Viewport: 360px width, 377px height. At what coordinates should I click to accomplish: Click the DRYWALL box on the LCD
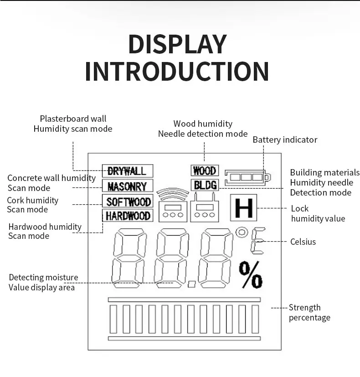[127, 171]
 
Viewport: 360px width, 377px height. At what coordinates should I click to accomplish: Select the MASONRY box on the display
[127, 186]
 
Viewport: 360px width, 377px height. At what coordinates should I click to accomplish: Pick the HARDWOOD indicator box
[128, 216]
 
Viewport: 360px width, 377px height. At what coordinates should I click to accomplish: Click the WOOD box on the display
[205, 171]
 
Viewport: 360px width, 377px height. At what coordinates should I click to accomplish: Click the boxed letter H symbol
[244, 208]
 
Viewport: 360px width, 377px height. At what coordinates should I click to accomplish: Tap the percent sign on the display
[251, 275]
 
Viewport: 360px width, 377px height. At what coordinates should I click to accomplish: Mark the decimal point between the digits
[192, 284]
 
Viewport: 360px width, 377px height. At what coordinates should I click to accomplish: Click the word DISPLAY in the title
[177, 44]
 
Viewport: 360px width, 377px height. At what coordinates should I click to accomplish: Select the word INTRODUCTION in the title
[177, 72]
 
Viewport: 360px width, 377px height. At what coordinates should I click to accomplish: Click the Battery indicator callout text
[285, 140]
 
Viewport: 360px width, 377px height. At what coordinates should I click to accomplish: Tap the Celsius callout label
[303, 242]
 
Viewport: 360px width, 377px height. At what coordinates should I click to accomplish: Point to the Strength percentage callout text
[309, 313]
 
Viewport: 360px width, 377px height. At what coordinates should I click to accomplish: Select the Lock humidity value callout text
[318, 214]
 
